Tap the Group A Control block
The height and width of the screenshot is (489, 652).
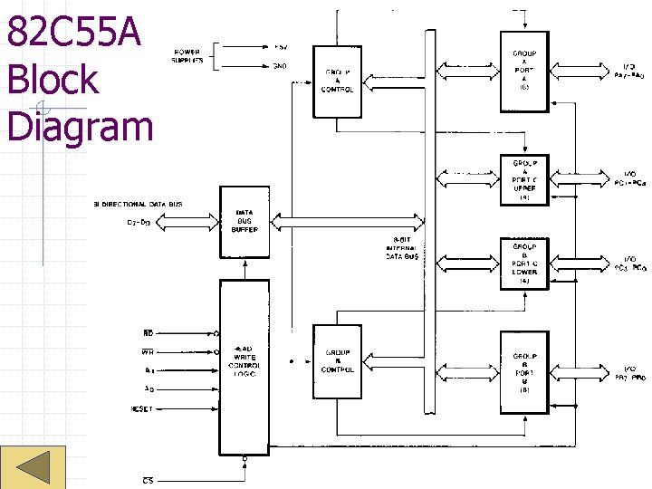(x=337, y=81)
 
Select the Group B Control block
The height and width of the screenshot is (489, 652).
(x=337, y=361)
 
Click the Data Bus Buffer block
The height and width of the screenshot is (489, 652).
(x=244, y=222)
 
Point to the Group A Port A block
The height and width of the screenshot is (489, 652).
(x=524, y=71)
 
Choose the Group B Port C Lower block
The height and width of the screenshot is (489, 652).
(x=524, y=264)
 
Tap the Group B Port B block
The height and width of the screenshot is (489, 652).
(x=524, y=372)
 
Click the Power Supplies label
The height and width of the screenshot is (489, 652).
(x=187, y=56)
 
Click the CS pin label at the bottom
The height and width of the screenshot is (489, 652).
(x=148, y=479)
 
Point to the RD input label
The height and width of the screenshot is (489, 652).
(x=149, y=332)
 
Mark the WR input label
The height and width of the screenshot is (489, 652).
(x=148, y=351)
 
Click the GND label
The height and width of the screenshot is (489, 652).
(x=281, y=65)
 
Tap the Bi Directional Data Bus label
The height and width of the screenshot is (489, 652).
(x=138, y=205)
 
